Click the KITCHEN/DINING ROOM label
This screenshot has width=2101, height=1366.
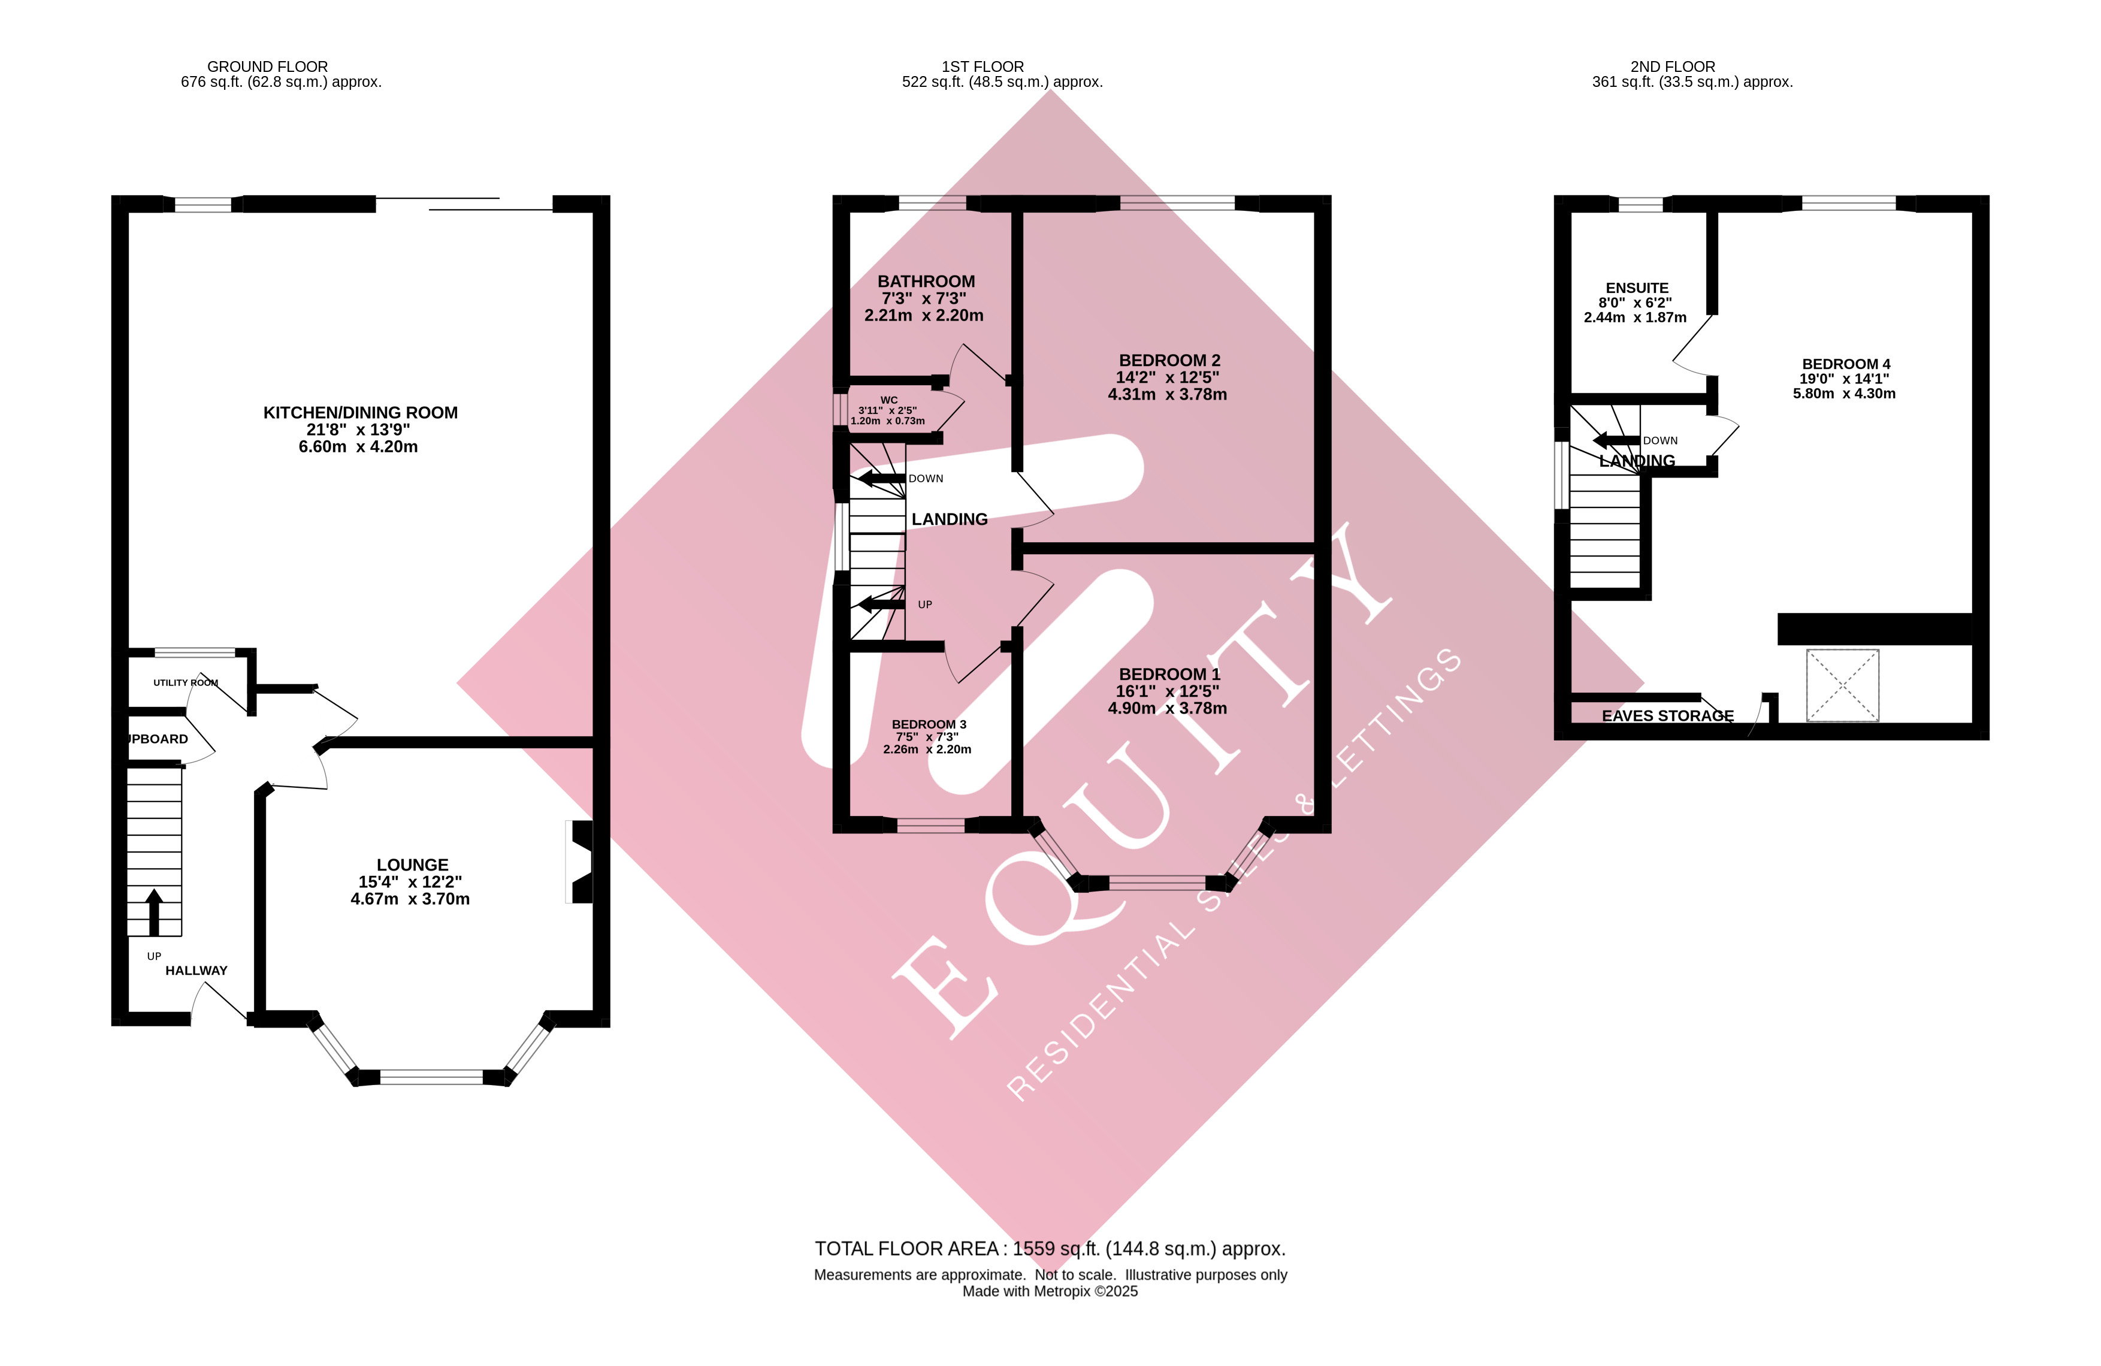coord(360,412)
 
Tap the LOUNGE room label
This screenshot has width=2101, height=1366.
coord(412,865)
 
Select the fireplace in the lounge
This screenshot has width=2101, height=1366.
coord(581,862)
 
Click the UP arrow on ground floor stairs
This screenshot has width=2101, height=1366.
coord(153,912)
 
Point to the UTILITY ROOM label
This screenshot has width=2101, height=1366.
coord(185,682)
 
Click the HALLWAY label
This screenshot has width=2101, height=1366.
coord(196,971)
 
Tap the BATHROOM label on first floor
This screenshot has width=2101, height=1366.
coord(926,282)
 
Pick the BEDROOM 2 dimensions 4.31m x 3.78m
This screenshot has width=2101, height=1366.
coord(1167,395)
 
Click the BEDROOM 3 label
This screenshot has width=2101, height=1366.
coord(929,724)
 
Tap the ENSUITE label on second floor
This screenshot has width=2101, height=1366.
coord(1637,288)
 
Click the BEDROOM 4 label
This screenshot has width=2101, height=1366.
coord(1846,364)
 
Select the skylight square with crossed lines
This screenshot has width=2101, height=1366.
coord(1842,685)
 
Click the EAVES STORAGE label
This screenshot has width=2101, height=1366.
coord(1667,716)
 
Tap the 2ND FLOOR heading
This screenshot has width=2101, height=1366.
coord(1672,67)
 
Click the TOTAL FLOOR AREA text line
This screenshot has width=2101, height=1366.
coord(1050,1249)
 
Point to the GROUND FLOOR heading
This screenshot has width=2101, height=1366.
coord(267,67)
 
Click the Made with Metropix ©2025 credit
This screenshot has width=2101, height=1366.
coord(1050,1291)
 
